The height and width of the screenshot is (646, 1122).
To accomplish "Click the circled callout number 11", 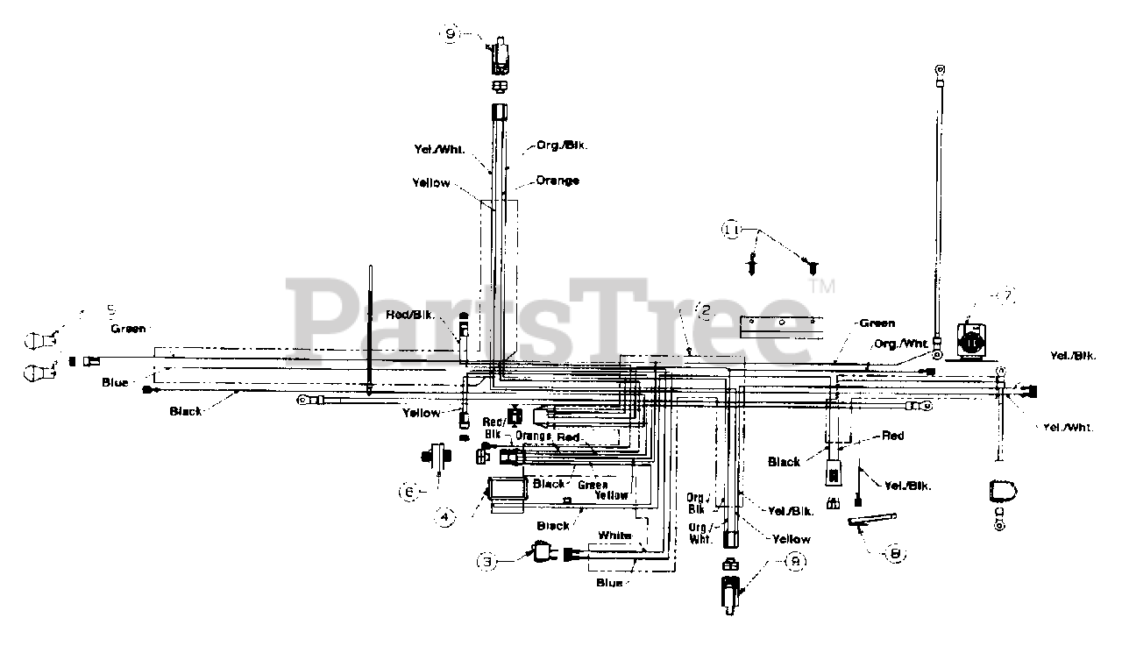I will click(x=732, y=230).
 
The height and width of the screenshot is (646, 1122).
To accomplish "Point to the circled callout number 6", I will click(x=408, y=493).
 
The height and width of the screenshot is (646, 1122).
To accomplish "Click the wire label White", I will click(x=614, y=535).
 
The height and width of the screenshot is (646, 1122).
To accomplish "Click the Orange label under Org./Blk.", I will click(x=557, y=181).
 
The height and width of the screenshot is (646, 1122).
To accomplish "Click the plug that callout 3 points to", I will click(x=543, y=552).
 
